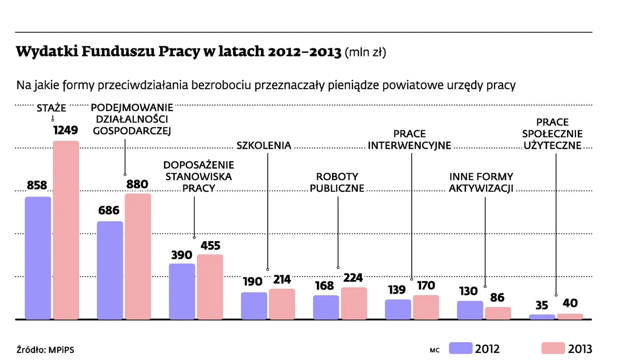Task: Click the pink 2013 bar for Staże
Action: [66, 230]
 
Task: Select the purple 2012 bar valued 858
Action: [38, 258]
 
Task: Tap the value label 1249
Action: [66, 130]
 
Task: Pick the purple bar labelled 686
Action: [110, 270]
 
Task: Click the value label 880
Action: [137, 184]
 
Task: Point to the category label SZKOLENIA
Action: [264, 145]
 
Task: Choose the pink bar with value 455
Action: [210, 287]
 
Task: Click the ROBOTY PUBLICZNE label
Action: [337, 182]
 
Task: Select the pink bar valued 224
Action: [354, 303]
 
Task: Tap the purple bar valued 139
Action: [398, 309]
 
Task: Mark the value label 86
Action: [497, 297]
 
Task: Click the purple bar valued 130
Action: [470, 310]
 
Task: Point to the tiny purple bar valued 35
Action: [542, 317]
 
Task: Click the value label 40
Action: [570, 303]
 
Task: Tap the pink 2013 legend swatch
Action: [553, 348]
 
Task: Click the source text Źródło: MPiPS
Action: [45, 349]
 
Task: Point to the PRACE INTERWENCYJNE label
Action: [409, 139]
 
